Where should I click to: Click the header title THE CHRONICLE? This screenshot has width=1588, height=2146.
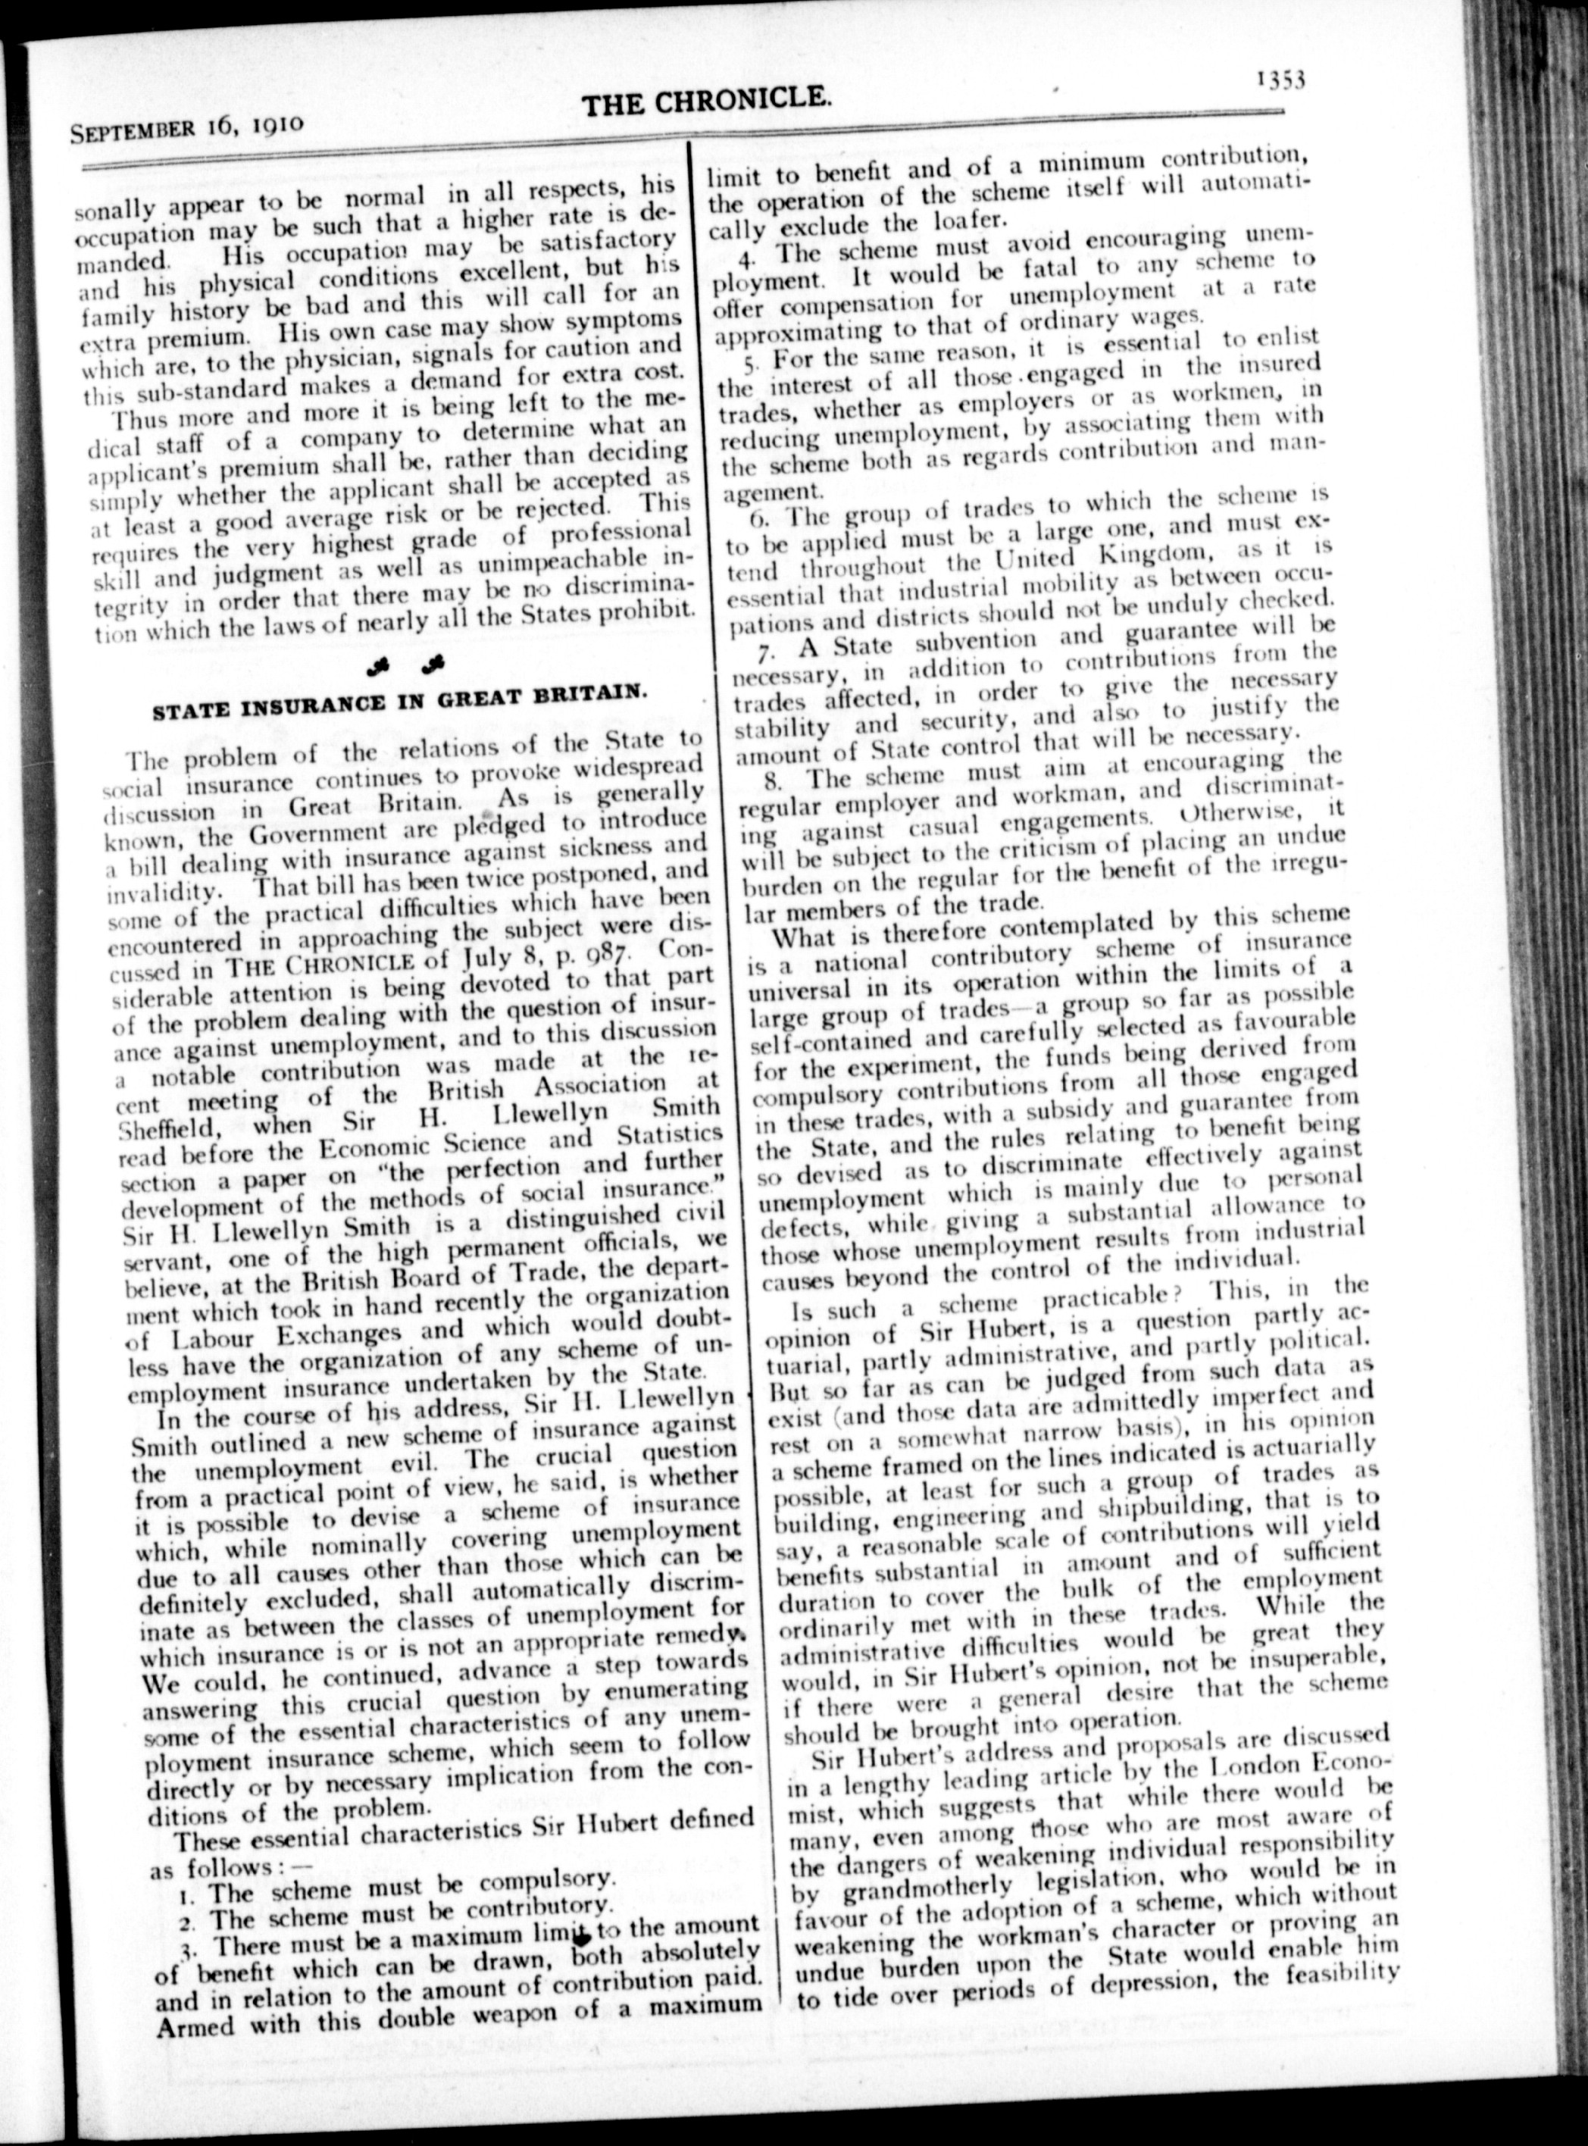coord(707,100)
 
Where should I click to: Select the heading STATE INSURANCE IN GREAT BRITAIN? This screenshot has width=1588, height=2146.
coord(397,701)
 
